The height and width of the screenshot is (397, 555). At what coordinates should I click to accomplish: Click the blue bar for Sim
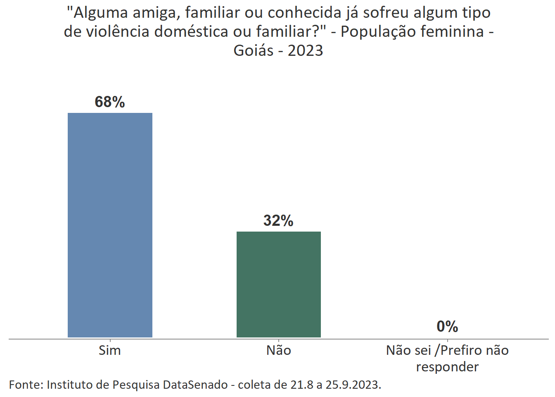110,225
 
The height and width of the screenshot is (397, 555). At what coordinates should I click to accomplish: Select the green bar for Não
279,284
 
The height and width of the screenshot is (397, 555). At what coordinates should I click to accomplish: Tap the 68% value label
110,102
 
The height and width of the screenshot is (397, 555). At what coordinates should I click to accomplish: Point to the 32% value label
279,221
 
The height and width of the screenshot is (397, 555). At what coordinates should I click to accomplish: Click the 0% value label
447,327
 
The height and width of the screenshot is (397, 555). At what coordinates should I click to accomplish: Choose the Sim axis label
110,350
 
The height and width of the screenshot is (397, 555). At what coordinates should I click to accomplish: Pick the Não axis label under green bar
279,350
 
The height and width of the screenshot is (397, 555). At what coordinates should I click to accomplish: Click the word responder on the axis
447,367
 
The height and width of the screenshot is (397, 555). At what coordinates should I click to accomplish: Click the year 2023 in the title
305,50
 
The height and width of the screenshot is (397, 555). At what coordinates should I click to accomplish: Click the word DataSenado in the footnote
195,385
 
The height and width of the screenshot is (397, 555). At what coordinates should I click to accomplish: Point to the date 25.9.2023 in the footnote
353,385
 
